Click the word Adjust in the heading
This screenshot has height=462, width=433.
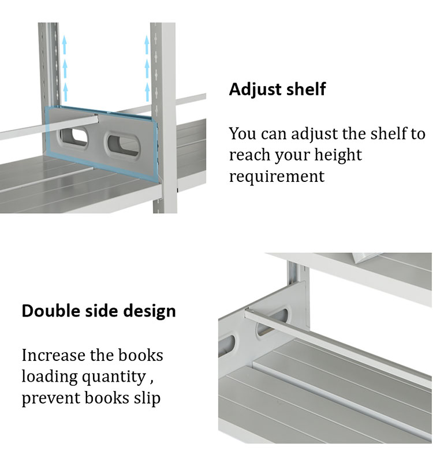(255, 90)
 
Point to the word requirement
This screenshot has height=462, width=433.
(277, 177)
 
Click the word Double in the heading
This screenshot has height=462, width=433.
(51, 311)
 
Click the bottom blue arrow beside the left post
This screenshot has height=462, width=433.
(65, 92)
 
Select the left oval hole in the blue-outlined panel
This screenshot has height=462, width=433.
(74, 137)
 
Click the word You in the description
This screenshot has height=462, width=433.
(242, 134)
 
